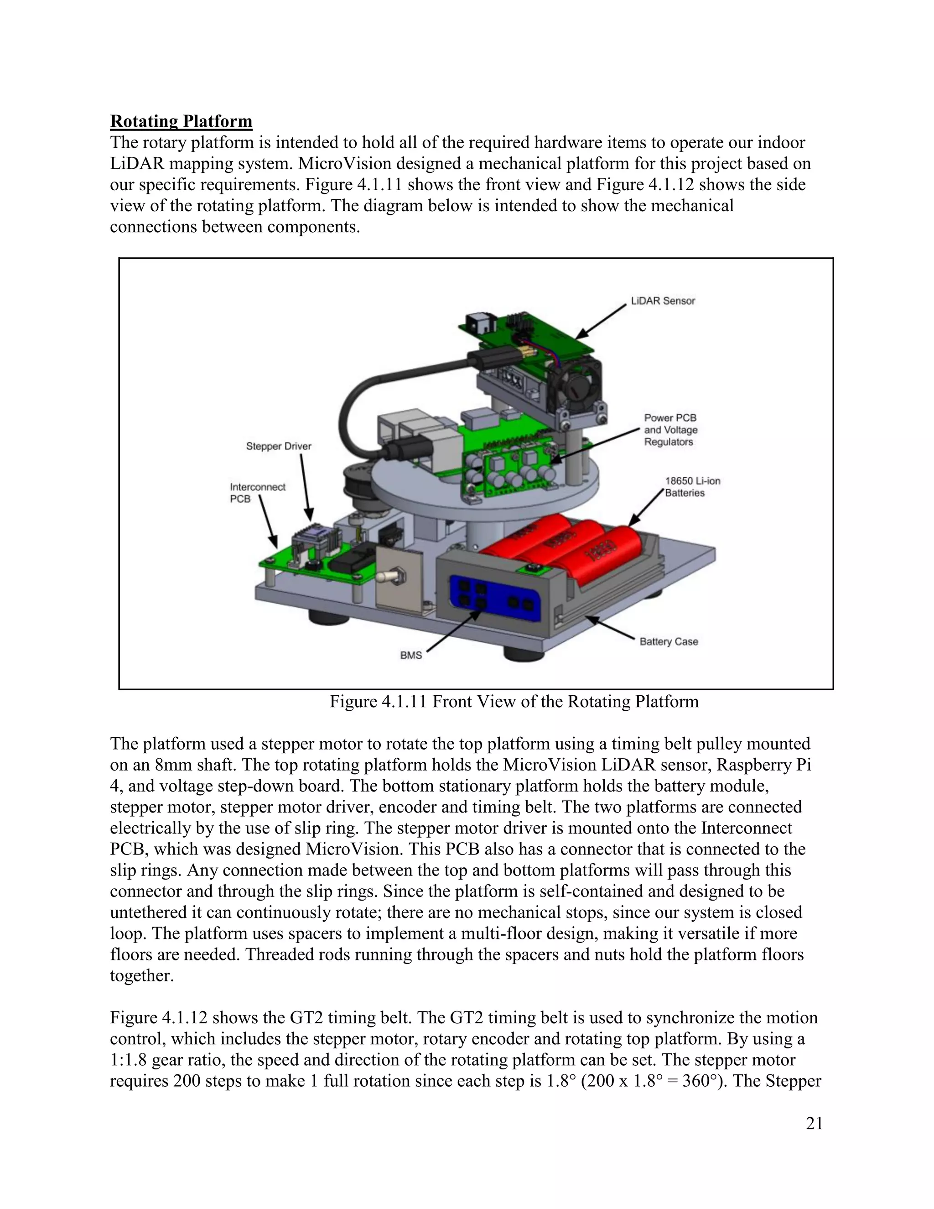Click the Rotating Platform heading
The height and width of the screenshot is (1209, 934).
181,121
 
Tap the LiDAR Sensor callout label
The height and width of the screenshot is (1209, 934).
662,301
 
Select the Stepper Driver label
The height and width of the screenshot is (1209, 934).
278,446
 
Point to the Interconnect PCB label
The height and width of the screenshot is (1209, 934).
257,493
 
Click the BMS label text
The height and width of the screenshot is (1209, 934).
410,656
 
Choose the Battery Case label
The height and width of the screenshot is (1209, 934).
669,641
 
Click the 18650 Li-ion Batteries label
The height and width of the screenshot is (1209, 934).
692,487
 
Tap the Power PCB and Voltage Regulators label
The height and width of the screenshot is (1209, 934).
670,430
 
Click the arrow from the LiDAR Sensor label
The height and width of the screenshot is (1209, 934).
602,321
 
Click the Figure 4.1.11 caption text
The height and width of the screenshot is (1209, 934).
514,702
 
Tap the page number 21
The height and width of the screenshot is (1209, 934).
814,1123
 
